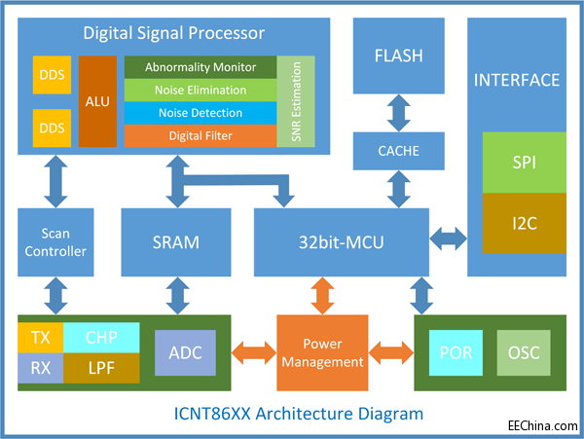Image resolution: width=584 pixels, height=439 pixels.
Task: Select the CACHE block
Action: pos(397,150)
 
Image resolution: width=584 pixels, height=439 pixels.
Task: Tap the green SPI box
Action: pos(524,163)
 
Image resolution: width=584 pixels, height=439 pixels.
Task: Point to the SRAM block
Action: pos(176,241)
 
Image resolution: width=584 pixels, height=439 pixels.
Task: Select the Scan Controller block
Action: pos(55,242)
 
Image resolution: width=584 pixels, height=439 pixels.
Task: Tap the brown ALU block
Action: pos(97,101)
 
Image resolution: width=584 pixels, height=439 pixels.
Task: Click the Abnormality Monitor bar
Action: pos(200,68)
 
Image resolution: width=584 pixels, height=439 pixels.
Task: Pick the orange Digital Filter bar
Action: pos(200,136)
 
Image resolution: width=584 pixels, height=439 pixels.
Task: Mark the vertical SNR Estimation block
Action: pos(296,102)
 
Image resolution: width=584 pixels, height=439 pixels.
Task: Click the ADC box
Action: pos(185,352)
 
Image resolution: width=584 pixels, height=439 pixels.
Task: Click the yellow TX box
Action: pos(40,337)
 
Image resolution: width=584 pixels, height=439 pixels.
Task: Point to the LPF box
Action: pos(100,367)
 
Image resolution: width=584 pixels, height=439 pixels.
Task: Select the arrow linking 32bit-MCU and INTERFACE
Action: pos(449,236)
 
